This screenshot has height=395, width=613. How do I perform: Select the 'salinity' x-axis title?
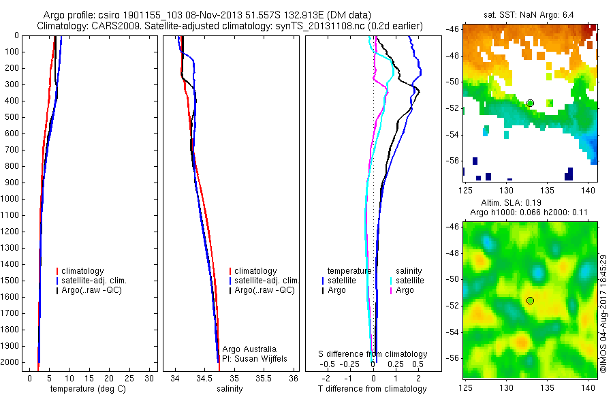coord(230,389)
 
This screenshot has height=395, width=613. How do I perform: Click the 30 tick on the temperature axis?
coord(151,378)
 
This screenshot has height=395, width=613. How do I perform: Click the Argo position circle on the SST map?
coord(530,103)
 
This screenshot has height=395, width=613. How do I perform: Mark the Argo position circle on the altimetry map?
coord(530,300)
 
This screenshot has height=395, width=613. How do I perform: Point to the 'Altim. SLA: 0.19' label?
coord(530,203)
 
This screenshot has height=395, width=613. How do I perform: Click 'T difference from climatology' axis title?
coord(372,389)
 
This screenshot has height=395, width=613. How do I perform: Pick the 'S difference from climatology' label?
coord(373,354)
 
